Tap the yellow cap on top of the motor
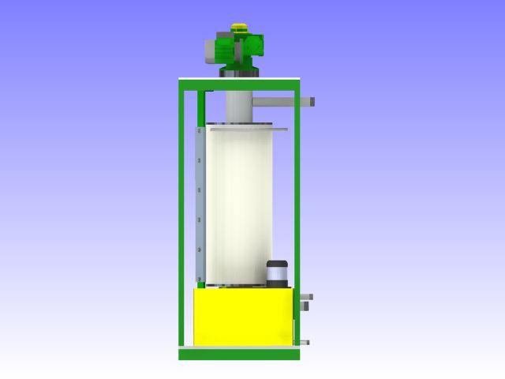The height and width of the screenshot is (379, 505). [x=239, y=30]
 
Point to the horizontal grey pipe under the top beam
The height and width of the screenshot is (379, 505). [x=280, y=101]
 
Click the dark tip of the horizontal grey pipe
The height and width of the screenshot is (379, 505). [x=312, y=102]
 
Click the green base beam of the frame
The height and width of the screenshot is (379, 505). [x=239, y=355]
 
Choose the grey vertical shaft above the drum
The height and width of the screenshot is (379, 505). [x=238, y=107]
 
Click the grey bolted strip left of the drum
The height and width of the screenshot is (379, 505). [x=200, y=205]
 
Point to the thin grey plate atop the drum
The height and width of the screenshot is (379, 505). [x=245, y=126]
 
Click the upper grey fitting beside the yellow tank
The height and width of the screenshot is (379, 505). [x=305, y=298]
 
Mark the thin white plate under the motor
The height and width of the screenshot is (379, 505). [x=239, y=78]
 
